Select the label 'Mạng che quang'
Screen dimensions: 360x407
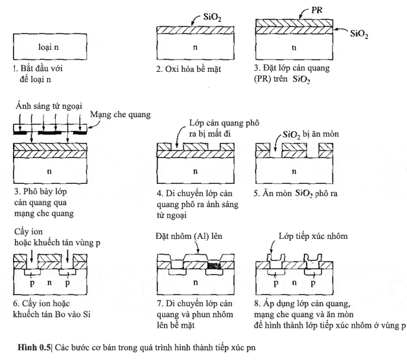click(121, 115)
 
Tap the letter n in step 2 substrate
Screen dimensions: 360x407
click(194, 47)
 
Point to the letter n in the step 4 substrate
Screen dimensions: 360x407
click(194, 172)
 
